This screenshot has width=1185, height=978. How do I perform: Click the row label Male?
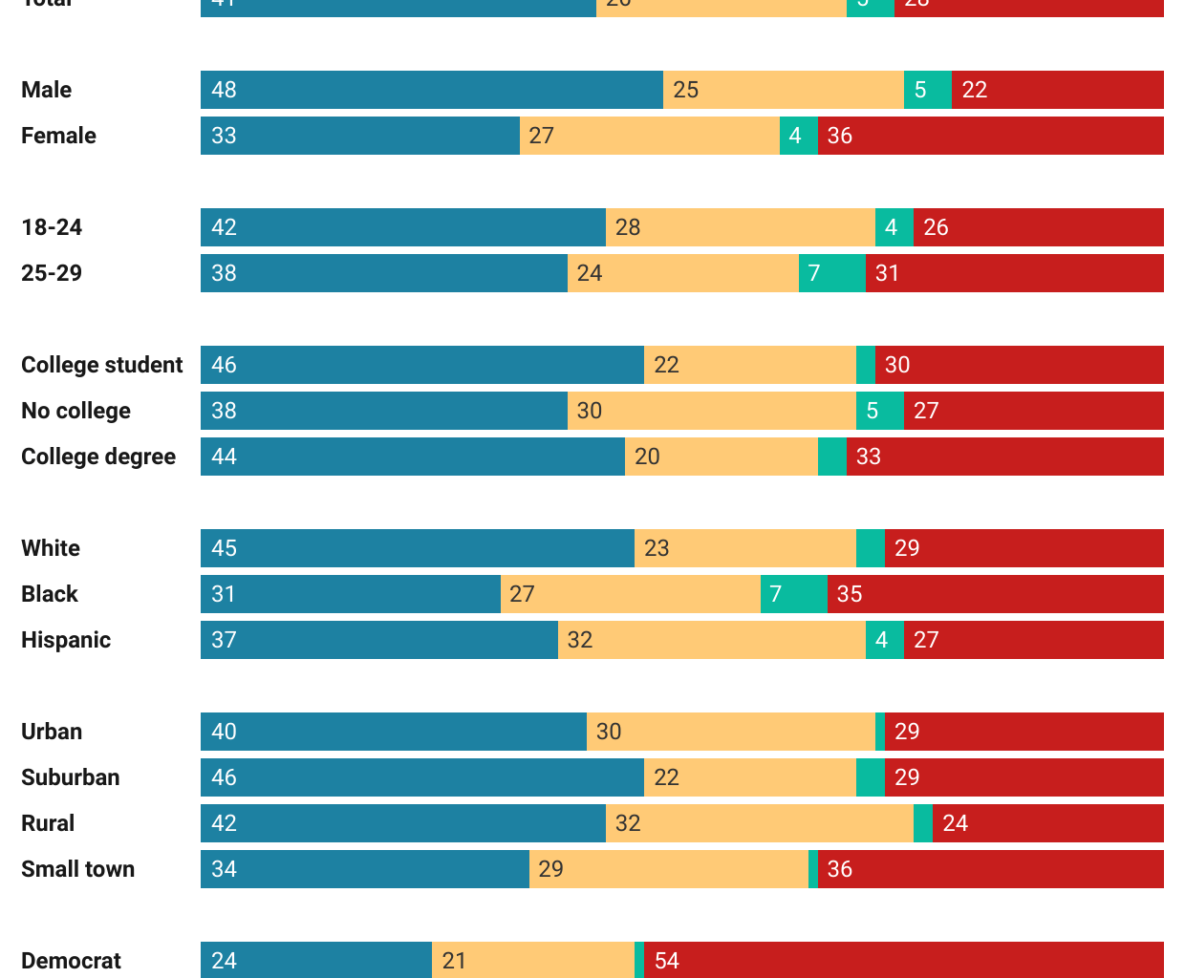pyautogui.click(x=46, y=90)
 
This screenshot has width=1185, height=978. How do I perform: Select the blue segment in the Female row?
pyautogui.click(x=359, y=136)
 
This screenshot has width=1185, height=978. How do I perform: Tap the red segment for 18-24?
pyautogui.click(x=1038, y=227)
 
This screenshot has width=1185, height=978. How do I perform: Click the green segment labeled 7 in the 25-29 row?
pyautogui.click(x=831, y=273)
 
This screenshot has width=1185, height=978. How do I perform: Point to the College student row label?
pyautogui.click(x=101, y=365)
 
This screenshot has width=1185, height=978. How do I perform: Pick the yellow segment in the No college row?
pyautogui.click(x=711, y=411)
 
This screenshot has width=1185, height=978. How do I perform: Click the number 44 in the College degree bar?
pyautogui.click(x=224, y=457)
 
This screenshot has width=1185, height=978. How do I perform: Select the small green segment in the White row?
pyautogui.click(x=870, y=548)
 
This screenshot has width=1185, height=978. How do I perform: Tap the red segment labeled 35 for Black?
pyautogui.click(x=995, y=594)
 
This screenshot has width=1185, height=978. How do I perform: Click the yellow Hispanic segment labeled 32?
pyautogui.click(x=711, y=640)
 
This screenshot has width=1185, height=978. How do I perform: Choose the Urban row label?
pyautogui.click(x=52, y=732)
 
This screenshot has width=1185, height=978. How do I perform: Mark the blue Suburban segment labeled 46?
pyautogui.click(x=421, y=777)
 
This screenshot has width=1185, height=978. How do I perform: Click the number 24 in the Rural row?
pyautogui.click(x=955, y=823)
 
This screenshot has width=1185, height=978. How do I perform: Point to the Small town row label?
pyautogui.click(x=77, y=869)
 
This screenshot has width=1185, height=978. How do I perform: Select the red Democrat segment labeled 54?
pyautogui.click(x=903, y=960)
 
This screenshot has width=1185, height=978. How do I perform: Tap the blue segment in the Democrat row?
pyautogui.click(x=315, y=960)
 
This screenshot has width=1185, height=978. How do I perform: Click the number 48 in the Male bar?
pyautogui.click(x=224, y=90)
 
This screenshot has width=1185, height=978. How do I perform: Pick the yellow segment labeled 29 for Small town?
pyautogui.click(x=668, y=869)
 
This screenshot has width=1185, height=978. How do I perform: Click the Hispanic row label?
pyautogui.click(x=66, y=640)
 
